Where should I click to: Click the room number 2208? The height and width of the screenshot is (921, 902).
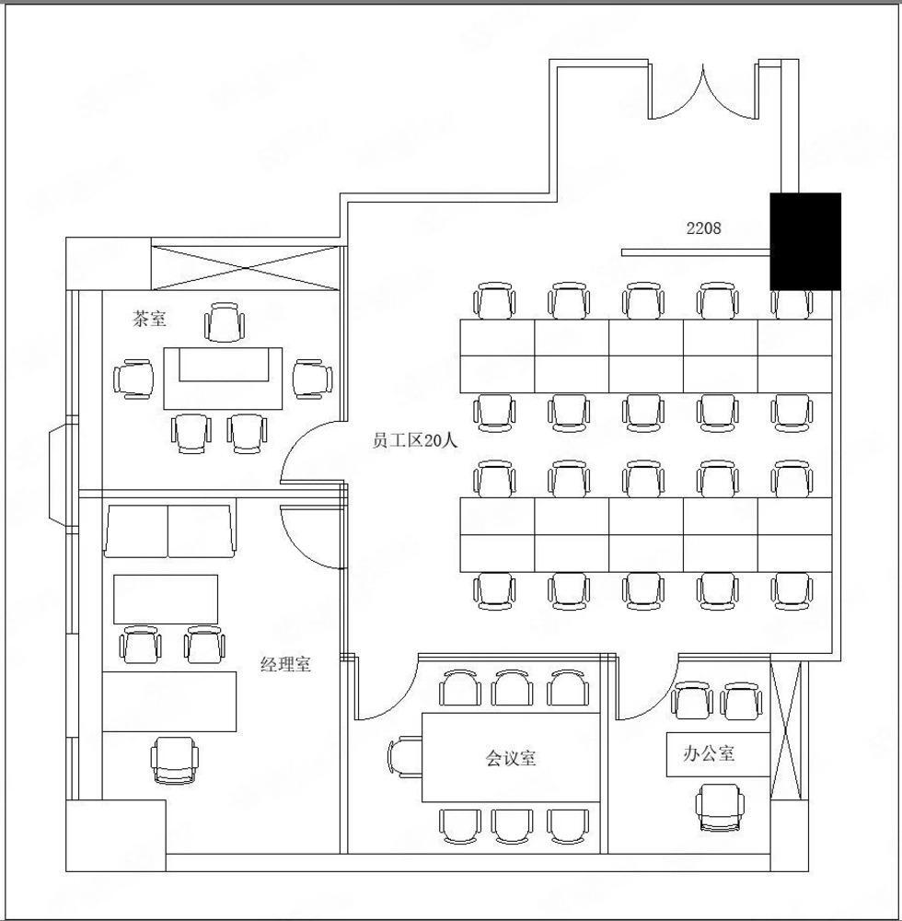tap(703, 227)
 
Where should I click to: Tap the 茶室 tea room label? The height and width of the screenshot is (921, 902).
tap(150, 319)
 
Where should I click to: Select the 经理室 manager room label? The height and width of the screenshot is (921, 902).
tap(285, 664)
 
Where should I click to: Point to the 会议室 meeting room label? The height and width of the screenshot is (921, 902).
tap(511, 758)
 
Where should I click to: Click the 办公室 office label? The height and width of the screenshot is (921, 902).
tap(709, 753)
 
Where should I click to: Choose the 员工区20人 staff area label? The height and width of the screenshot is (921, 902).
tap(414, 440)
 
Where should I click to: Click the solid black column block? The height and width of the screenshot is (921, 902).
tap(805, 241)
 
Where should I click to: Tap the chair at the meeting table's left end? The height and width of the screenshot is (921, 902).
tap(405, 756)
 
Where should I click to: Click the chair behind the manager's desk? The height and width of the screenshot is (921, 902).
tap(175, 761)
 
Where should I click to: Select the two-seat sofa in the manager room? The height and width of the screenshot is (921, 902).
tap(169, 531)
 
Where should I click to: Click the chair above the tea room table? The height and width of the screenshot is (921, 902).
tap(225, 321)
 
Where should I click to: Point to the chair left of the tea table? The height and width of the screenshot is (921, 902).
tap(134, 379)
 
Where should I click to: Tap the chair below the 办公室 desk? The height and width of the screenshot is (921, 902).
tap(720, 809)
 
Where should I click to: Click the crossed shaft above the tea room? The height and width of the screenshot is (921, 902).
tap(246, 268)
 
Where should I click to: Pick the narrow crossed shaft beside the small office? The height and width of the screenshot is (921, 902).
tap(785, 730)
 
